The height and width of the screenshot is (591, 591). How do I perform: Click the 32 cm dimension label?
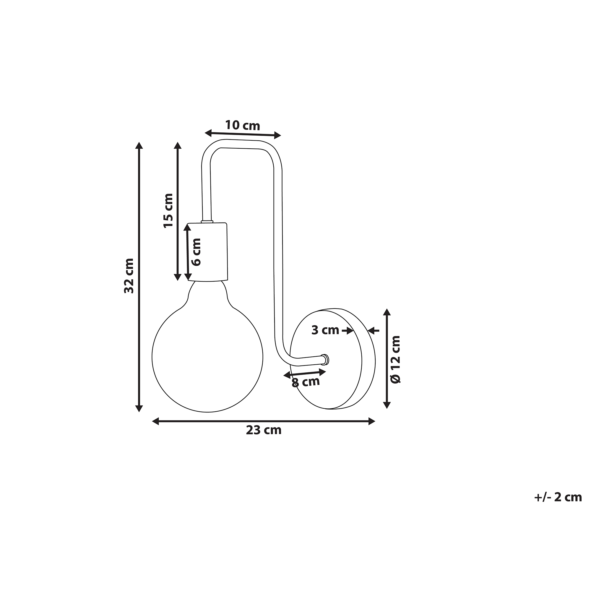click(x=129, y=276)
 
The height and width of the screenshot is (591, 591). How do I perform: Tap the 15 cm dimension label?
click(x=168, y=211)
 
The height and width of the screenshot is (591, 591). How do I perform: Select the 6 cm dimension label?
click(x=196, y=252)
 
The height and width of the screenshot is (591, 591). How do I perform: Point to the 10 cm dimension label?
click(x=243, y=125)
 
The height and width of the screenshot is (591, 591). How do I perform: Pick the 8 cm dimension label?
click(x=306, y=382)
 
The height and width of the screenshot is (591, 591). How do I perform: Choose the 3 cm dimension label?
click(x=325, y=330)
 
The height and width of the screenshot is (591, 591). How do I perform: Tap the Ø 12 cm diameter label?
click(x=396, y=359)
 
